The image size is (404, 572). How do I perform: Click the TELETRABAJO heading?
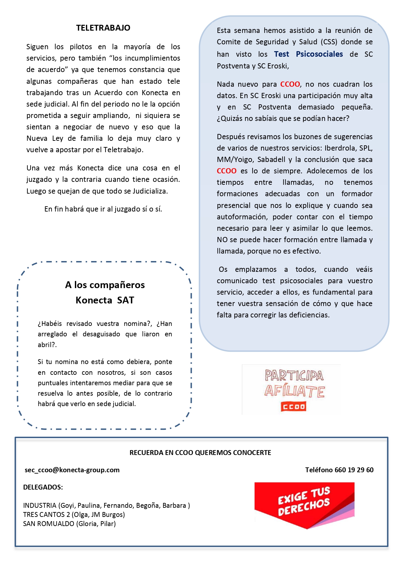point(103,28)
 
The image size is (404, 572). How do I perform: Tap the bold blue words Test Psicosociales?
point(308,54)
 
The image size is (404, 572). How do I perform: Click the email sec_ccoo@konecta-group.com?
point(72,470)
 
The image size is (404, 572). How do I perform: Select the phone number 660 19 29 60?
point(354,470)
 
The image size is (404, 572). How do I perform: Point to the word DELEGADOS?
point(43,487)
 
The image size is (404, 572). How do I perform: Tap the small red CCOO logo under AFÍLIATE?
point(294,407)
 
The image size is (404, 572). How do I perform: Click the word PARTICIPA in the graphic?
point(294,376)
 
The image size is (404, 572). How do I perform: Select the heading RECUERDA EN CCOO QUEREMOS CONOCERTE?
point(200,453)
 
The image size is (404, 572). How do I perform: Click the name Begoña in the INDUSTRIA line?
point(148,506)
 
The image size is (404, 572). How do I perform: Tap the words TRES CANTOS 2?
point(46,515)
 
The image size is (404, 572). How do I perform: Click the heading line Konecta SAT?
point(105,300)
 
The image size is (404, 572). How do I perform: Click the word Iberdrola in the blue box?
point(341,148)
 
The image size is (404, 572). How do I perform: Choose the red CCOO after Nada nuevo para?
point(290,84)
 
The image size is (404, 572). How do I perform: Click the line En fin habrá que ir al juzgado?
point(103,209)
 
